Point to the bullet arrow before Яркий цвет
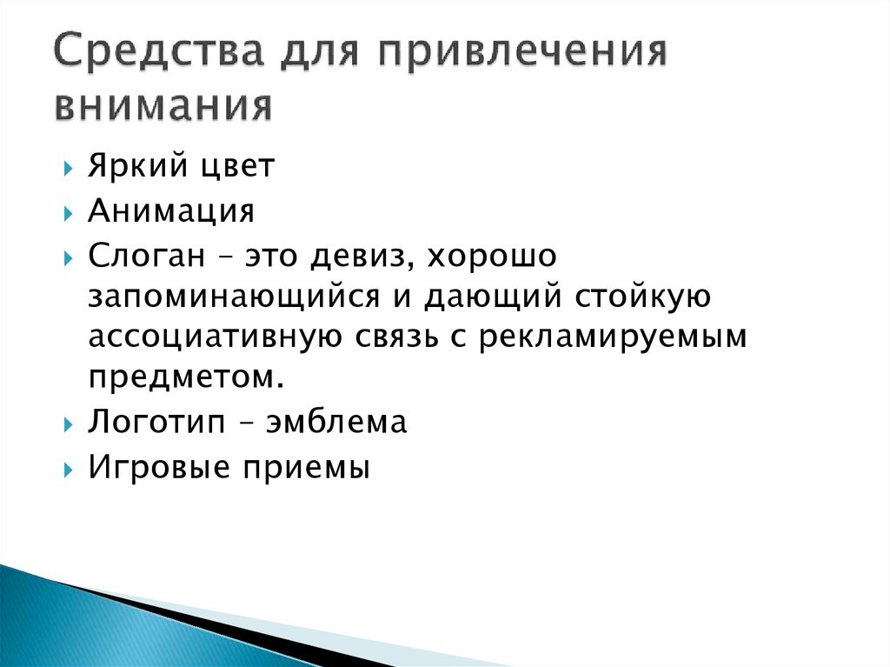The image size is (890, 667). (x=69, y=169)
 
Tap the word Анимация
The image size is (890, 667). (x=171, y=210)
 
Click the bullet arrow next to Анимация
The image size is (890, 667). (x=69, y=211)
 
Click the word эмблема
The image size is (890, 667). (x=336, y=422)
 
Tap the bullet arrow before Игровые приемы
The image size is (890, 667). (x=69, y=467)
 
